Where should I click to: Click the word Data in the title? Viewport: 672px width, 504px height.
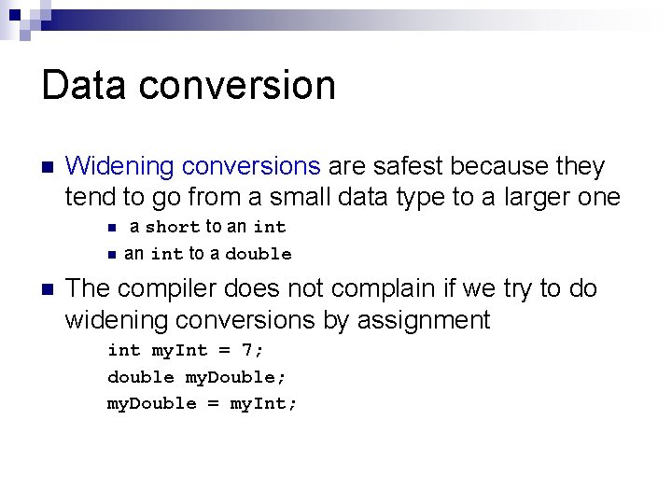click(x=86, y=85)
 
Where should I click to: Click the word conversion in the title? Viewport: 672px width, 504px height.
click(x=239, y=85)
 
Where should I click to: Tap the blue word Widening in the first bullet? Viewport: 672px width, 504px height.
click(x=120, y=167)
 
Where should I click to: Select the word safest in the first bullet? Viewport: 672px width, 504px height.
click(x=408, y=167)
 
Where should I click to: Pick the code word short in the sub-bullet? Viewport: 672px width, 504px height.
click(x=173, y=227)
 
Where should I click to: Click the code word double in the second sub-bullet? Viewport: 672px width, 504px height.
click(x=259, y=254)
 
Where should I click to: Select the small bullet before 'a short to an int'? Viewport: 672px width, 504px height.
click(x=111, y=227)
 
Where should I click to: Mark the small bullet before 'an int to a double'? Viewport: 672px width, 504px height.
click(x=111, y=254)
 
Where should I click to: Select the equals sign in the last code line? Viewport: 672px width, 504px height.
click(x=217, y=404)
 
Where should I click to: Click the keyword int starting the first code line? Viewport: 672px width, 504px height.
click(x=124, y=351)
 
